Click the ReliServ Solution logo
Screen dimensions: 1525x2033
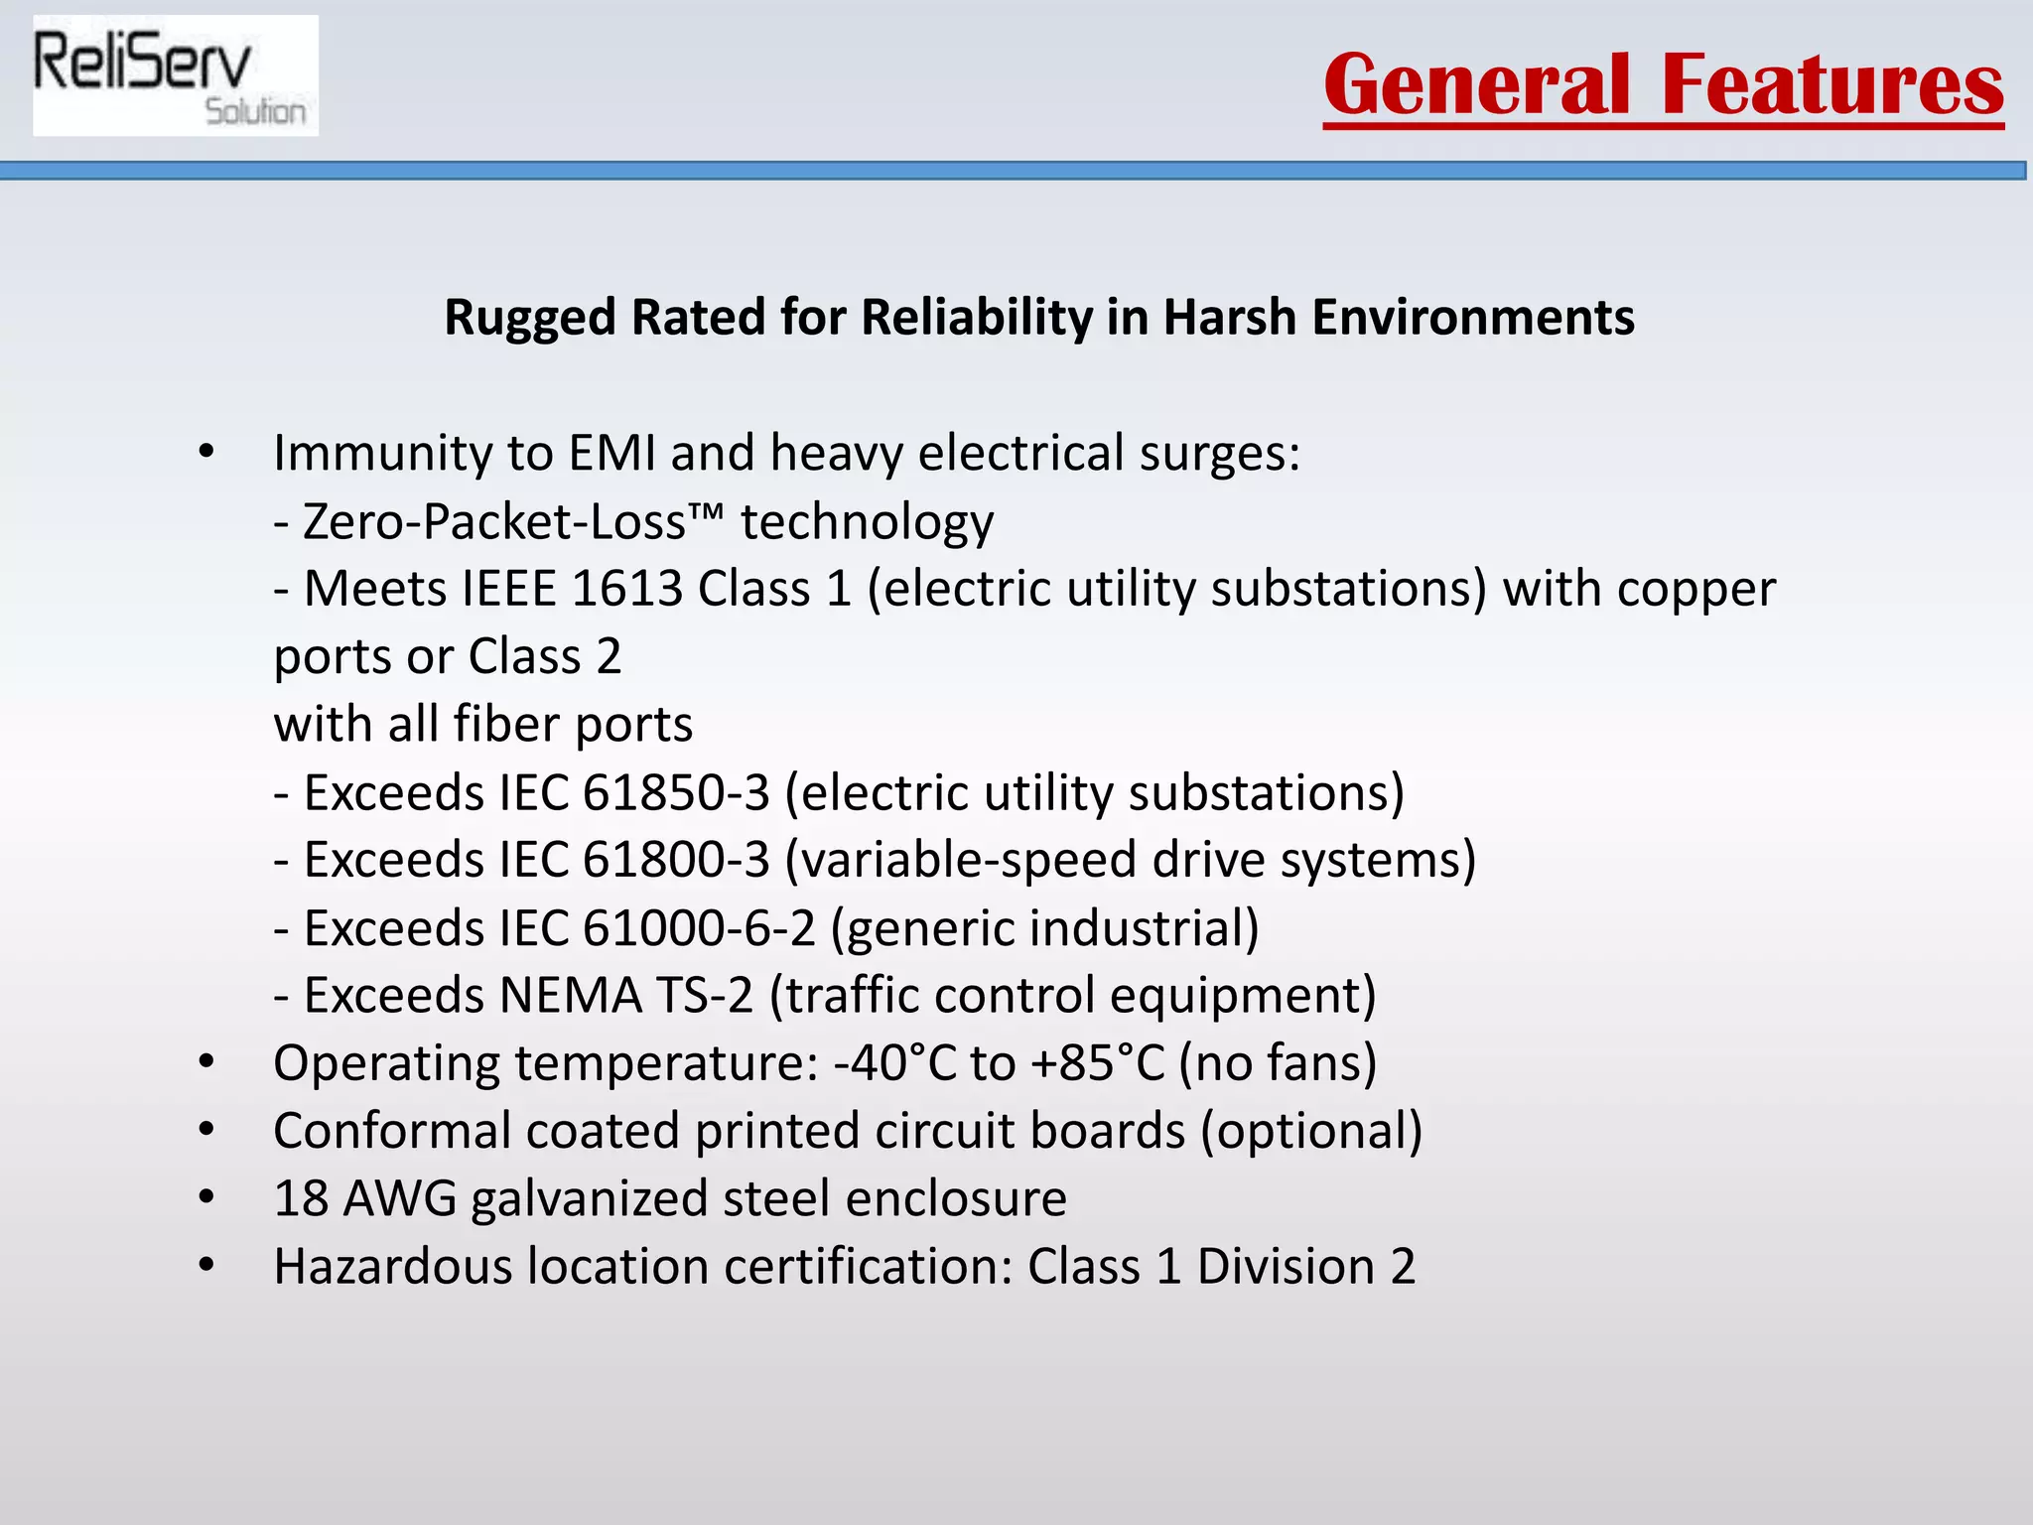(176, 76)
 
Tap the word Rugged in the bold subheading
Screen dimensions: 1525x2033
(530, 318)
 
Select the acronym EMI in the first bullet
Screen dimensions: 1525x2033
(611, 453)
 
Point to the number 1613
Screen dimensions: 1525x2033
(627, 589)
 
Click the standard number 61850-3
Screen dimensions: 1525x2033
(676, 792)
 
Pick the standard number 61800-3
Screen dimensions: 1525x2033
(676, 860)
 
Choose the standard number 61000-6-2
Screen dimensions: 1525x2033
(699, 928)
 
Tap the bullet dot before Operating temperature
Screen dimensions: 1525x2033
(206, 1062)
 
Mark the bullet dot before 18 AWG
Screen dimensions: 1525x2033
(206, 1198)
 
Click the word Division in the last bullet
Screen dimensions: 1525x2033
(1286, 1267)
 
